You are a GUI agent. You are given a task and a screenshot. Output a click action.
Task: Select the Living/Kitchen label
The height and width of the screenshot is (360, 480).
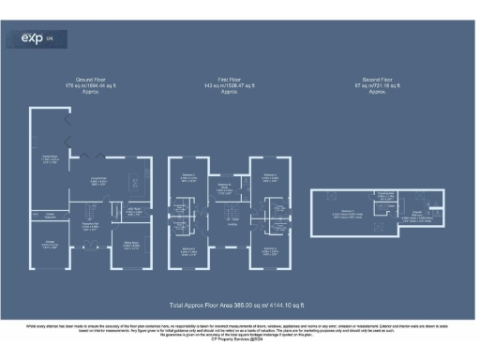(97, 182)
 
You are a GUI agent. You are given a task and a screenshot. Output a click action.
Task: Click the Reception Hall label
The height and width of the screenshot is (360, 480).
(89, 225)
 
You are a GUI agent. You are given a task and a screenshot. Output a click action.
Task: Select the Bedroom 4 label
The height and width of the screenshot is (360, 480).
(188, 249)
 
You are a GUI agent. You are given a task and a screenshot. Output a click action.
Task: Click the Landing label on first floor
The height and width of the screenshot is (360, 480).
(232, 223)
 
